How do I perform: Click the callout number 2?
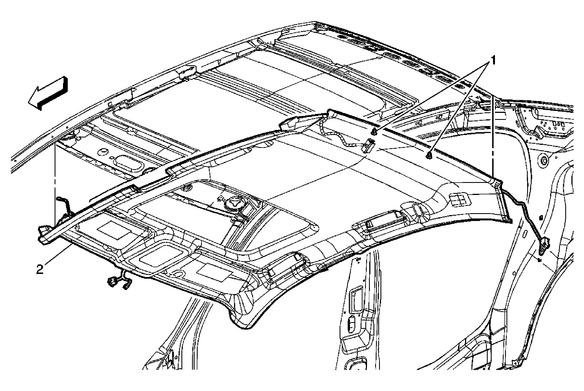(40, 269)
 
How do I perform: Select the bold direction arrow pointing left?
(48, 93)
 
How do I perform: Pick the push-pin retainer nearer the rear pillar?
(429, 155)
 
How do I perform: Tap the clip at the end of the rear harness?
(544, 246)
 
